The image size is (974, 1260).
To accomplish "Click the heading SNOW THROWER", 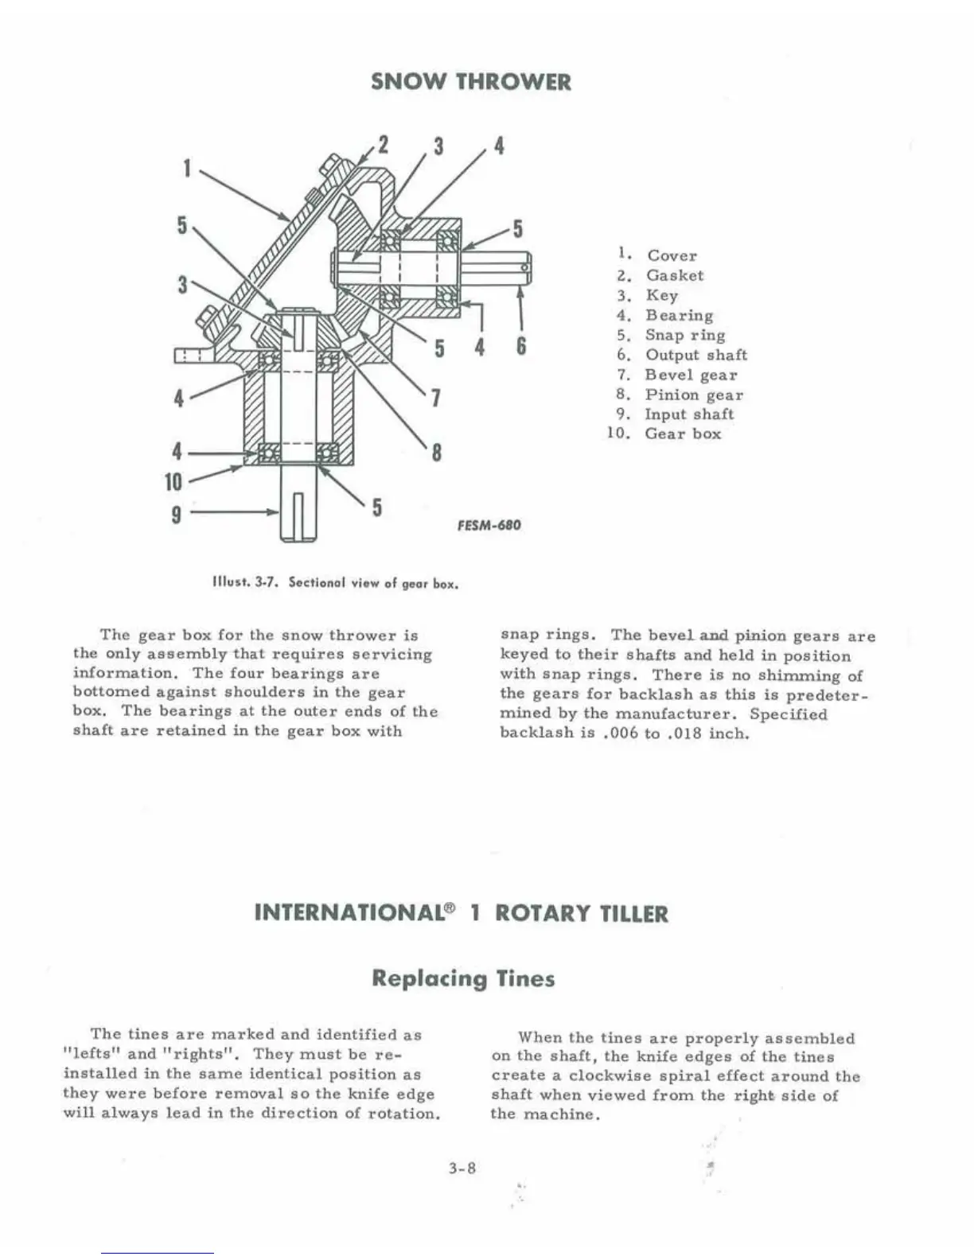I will [471, 82].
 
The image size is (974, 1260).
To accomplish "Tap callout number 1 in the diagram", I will [187, 168].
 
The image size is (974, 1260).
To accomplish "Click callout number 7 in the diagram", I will [436, 397].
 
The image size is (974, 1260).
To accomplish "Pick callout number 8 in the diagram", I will [436, 453].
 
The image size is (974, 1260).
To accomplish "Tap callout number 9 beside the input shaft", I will [175, 514].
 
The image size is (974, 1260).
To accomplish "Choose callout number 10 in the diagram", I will [173, 481].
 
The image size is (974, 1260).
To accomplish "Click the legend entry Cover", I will [672, 255].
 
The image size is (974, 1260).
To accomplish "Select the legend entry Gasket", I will [675, 275].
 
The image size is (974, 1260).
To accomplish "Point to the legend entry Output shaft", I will [696, 355].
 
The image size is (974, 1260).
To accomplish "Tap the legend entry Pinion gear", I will [694, 395].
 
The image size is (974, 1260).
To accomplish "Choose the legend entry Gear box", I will [683, 434].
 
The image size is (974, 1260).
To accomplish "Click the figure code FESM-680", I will [489, 525].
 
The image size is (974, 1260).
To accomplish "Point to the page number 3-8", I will [462, 1169].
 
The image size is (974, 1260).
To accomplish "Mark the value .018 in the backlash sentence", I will [684, 733].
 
